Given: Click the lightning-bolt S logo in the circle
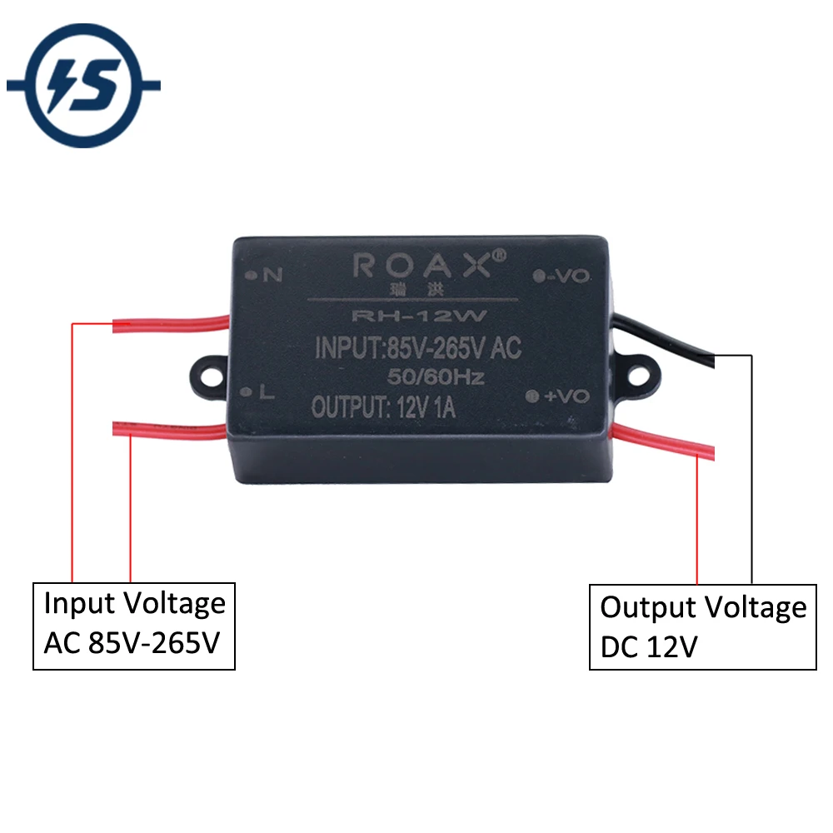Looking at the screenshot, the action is (83, 86).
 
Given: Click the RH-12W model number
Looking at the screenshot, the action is (419, 316).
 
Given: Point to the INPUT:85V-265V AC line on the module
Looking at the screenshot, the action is (418, 348).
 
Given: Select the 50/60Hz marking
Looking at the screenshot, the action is (436, 377).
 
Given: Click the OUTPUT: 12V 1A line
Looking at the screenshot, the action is (383, 407).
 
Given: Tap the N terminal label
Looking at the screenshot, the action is (272, 275).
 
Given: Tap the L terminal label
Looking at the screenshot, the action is (267, 392).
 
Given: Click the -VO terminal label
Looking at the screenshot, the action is (568, 276).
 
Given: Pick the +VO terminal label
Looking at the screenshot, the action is (566, 396).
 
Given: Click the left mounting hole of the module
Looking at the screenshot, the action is (212, 377).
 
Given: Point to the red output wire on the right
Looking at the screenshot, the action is (663, 441).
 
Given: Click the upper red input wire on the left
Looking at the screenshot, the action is (171, 323).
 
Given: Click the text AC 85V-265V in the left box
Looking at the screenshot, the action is (132, 643).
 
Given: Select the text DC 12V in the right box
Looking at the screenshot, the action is (649, 646).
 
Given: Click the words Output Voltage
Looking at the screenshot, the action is (703, 608).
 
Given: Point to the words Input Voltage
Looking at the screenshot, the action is (135, 604).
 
